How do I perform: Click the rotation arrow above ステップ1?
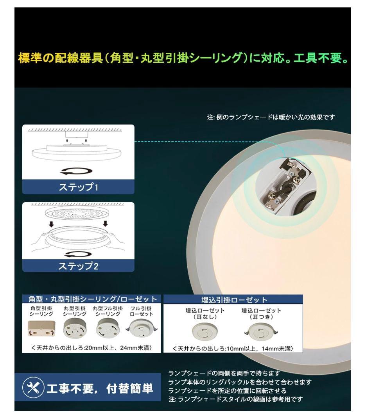78,171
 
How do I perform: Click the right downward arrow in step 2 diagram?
105,224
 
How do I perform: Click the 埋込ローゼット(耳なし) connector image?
202,332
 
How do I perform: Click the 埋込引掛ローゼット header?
233,300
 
